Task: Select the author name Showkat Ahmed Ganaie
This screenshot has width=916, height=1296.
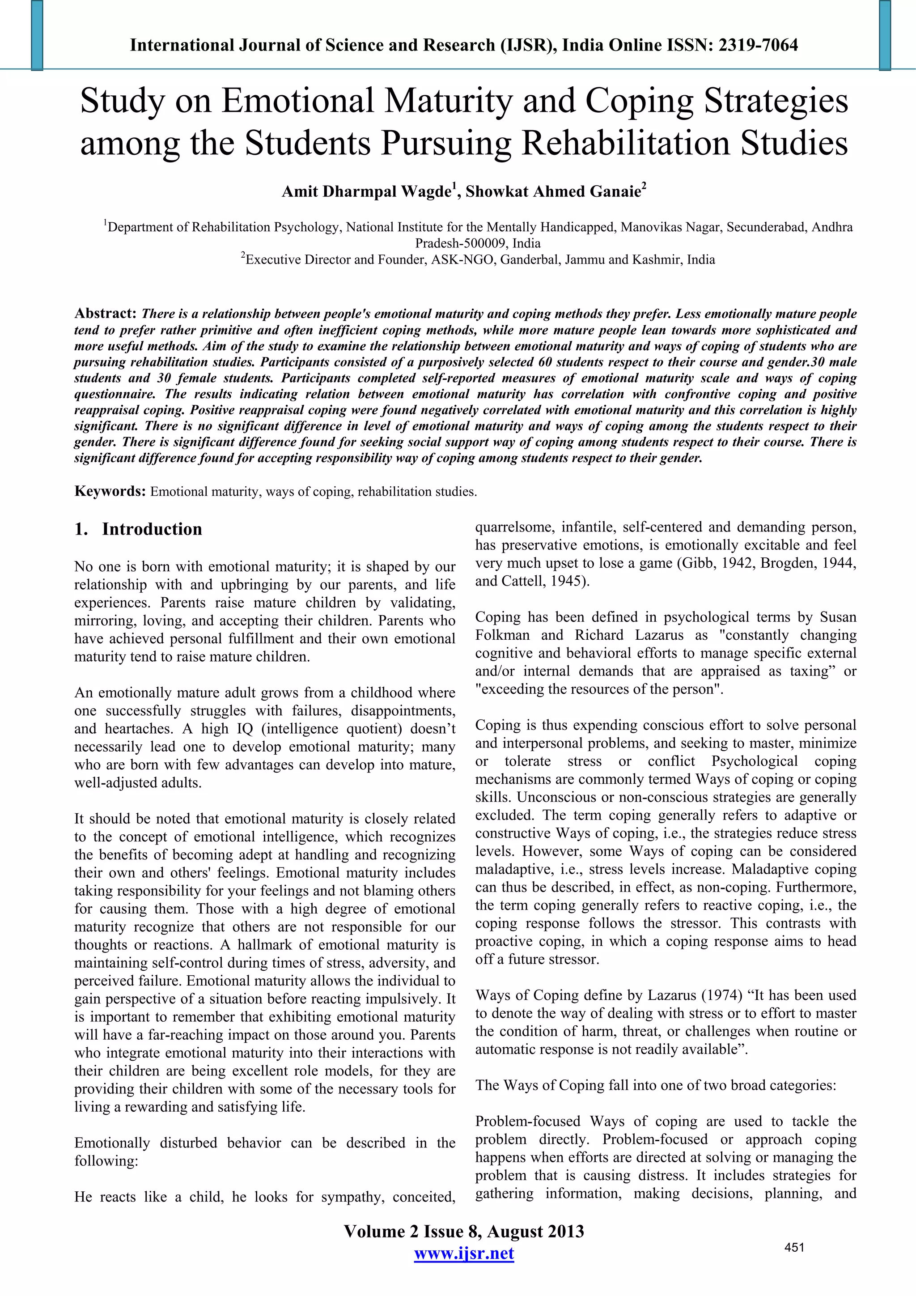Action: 554,192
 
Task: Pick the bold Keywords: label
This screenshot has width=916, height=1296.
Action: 110,491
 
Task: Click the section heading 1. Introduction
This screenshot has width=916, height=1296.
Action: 138,530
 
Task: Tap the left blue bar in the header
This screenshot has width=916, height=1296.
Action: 37,35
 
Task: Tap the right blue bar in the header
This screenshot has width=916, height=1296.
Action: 885,35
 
